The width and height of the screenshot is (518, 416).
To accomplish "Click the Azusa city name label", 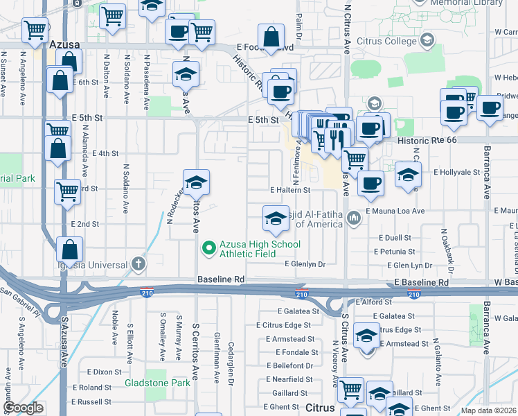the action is (66, 44).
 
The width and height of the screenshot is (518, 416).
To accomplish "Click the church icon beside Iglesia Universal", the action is (139, 263).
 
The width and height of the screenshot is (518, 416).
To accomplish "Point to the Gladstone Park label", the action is (157, 383).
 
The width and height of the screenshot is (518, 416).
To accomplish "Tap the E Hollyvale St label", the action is (456, 171).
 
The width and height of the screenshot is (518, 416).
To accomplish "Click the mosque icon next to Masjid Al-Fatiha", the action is (354, 219).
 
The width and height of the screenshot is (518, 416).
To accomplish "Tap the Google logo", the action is (24, 408).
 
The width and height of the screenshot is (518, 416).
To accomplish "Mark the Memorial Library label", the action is (466, 3).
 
